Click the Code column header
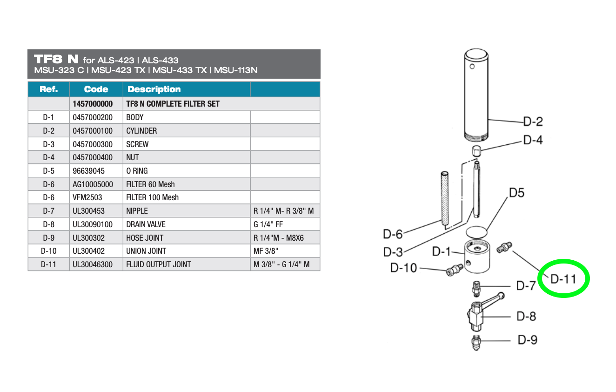click(x=96, y=89)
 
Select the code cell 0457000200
click(x=96, y=117)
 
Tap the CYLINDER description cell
click(x=187, y=131)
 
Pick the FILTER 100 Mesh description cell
click(x=187, y=197)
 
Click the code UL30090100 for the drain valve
click(x=96, y=224)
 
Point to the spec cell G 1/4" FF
click(x=285, y=224)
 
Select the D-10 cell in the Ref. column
click(x=49, y=251)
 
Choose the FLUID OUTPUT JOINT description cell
click(x=187, y=264)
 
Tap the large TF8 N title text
click(x=56, y=59)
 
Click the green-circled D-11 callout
click(x=563, y=279)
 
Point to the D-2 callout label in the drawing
click(x=533, y=122)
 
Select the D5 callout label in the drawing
click(x=517, y=193)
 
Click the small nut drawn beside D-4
click(x=476, y=151)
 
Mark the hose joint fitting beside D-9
click(x=476, y=343)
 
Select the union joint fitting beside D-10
click(x=455, y=270)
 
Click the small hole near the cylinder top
click(x=472, y=67)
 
